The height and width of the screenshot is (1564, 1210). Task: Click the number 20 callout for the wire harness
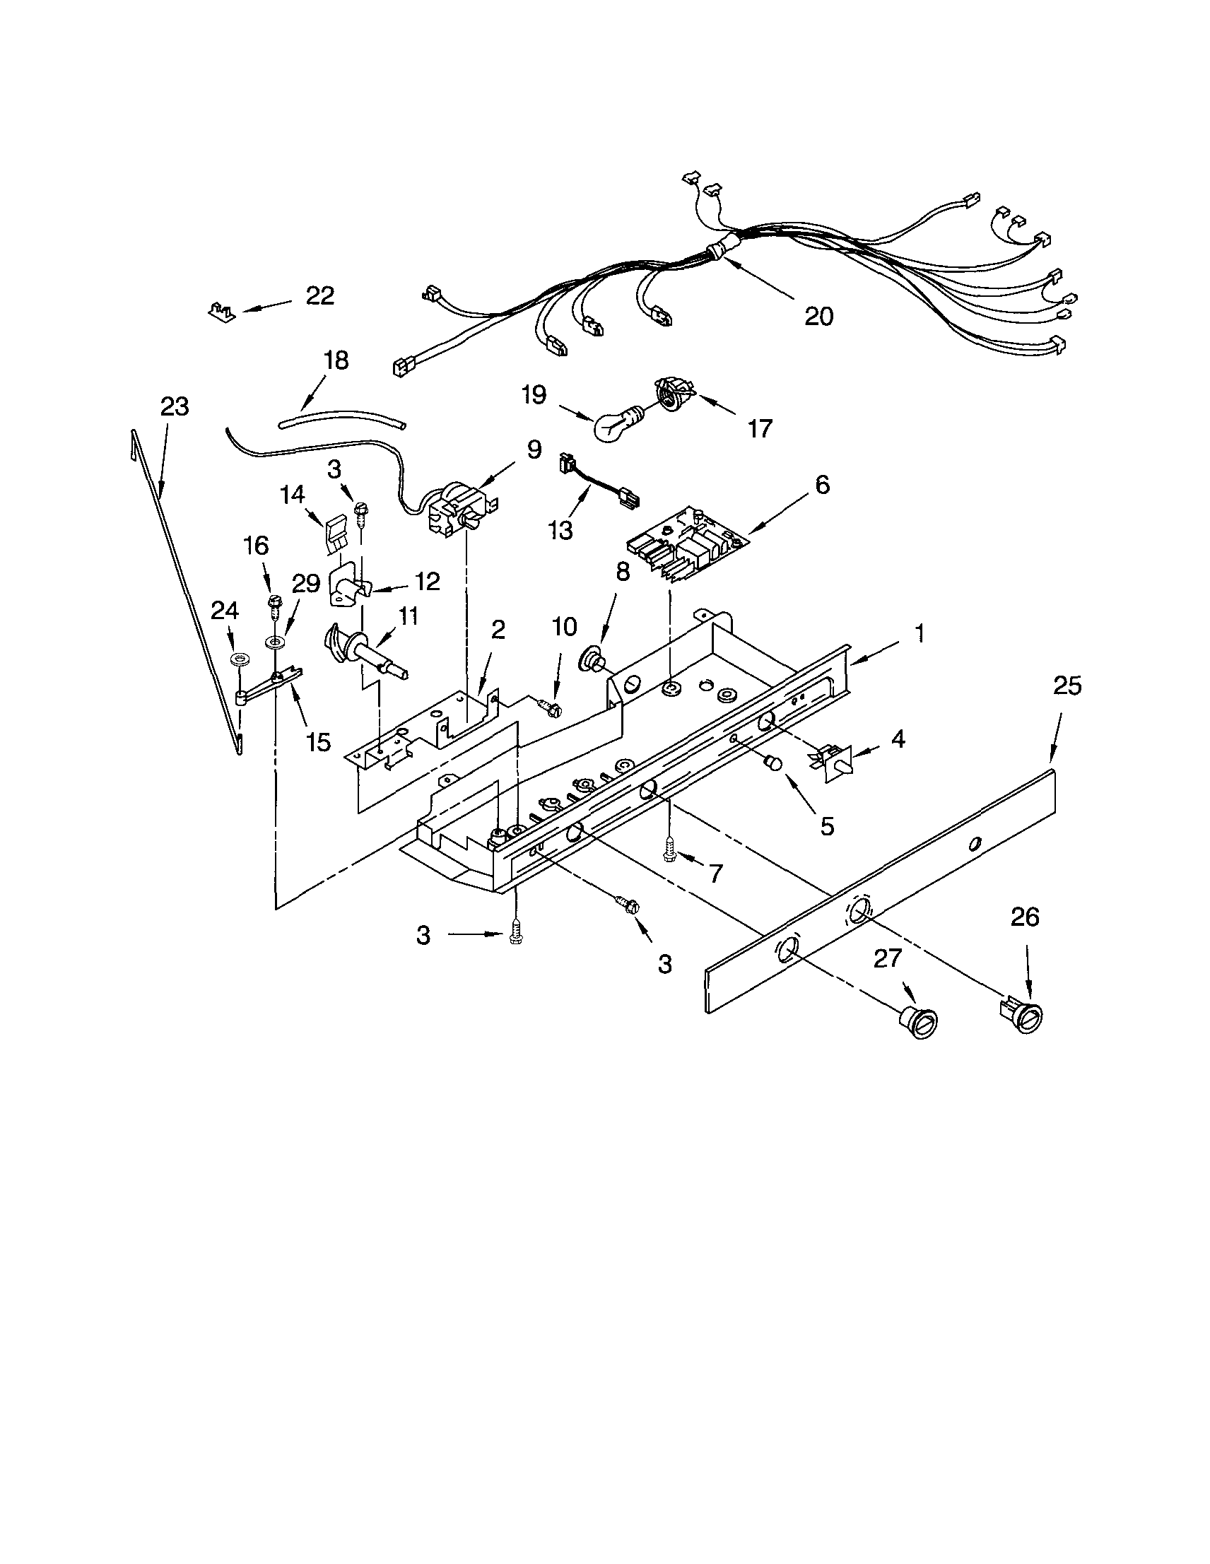tap(819, 316)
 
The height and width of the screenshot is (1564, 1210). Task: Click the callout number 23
tap(174, 407)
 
